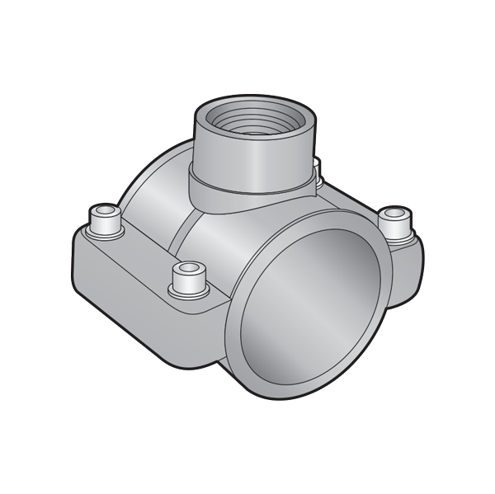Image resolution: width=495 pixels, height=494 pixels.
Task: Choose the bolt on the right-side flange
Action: tap(395, 221)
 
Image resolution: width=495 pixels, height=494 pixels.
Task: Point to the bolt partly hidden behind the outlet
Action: tap(317, 172)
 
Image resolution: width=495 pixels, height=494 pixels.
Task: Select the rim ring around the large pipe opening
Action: tap(240, 346)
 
